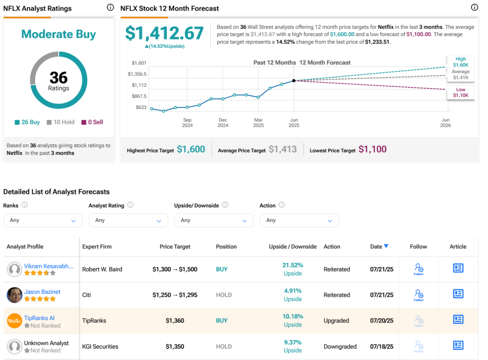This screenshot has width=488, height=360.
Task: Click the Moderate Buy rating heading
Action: [x=59, y=34]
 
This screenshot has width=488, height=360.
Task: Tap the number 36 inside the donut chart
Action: [x=59, y=77]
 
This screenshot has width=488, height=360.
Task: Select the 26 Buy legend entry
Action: [x=28, y=122]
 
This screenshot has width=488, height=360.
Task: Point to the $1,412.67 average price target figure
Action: [x=164, y=33]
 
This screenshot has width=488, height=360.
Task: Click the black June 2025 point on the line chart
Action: [x=294, y=80]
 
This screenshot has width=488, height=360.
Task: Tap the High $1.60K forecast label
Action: [x=460, y=61]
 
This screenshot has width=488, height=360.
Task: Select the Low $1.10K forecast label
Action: [x=460, y=92]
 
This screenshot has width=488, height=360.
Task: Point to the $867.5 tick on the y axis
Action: [x=137, y=96]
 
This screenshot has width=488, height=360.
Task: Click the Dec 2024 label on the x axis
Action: [x=223, y=123]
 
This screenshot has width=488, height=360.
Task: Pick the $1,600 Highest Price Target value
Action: [x=191, y=150]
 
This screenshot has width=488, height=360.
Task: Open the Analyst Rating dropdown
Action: [x=128, y=220]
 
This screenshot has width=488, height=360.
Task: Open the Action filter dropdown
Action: [x=299, y=220]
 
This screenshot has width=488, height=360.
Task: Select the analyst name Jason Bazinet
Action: [x=42, y=292]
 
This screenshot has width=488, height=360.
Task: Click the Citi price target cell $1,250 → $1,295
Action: [x=175, y=295]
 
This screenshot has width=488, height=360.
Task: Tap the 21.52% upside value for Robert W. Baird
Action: [x=293, y=265]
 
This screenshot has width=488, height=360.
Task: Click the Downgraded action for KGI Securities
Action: [x=340, y=347]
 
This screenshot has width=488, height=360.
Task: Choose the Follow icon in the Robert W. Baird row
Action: [x=418, y=269]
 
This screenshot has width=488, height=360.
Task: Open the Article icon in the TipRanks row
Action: [x=458, y=319]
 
